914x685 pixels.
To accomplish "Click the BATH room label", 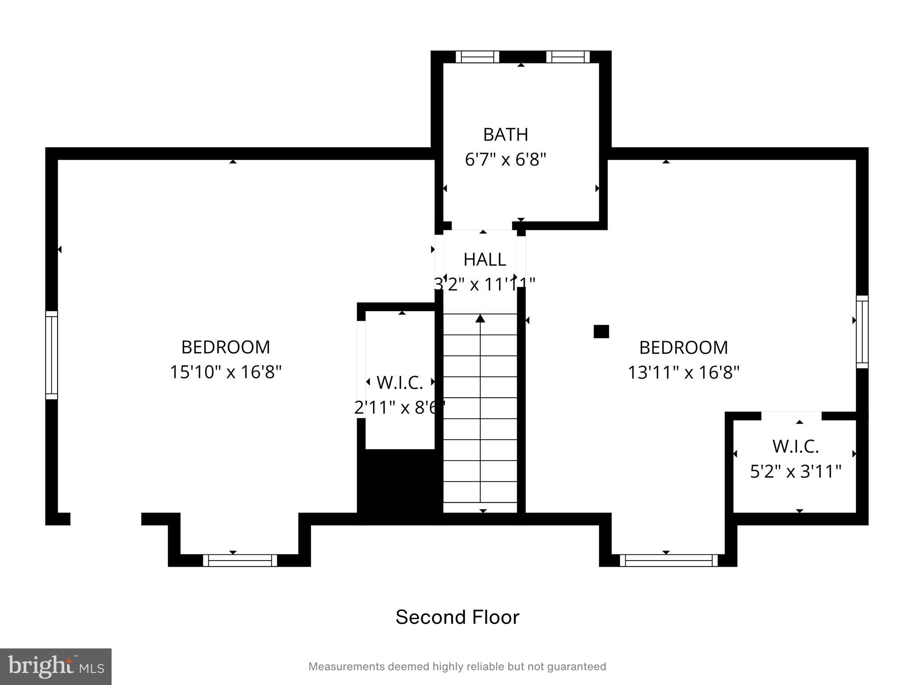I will click(x=505, y=134).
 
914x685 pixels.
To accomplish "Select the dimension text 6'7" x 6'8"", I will click(x=505, y=159).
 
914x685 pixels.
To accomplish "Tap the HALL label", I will click(x=484, y=260).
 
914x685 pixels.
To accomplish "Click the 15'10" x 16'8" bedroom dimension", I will click(x=225, y=372).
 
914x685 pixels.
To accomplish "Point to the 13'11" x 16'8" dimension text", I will click(x=683, y=372).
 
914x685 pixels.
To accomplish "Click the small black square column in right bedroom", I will click(x=601, y=332).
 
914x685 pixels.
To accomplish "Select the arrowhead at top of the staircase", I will click(x=480, y=318).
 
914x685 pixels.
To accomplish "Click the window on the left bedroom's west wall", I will click(x=52, y=355).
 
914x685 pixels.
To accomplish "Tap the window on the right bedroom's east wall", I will click(x=862, y=332).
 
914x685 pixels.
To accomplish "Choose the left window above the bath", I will click(x=477, y=57).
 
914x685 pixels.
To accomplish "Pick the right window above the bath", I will click(x=568, y=57).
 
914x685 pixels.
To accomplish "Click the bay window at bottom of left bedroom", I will click(x=240, y=561).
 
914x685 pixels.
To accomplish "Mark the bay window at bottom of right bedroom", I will click(x=668, y=561).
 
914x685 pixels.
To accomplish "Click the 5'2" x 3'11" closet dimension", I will click(x=795, y=471).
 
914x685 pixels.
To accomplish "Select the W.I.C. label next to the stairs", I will click(x=399, y=383).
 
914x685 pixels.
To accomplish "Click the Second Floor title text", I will click(x=457, y=617).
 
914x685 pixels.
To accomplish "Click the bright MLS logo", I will click(x=56, y=666).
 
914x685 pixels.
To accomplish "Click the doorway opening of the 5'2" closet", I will click(x=791, y=416).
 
